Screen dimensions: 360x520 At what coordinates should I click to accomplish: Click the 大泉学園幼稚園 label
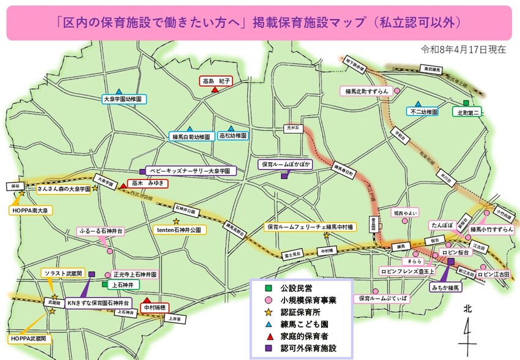pyautogui.click(x=124, y=99)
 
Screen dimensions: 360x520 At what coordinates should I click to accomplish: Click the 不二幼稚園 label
pyautogui.click(x=423, y=112)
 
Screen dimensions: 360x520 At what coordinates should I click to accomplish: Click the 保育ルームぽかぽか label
pyautogui.click(x=286, y=165)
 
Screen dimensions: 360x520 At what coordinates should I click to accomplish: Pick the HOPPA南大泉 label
pyautogui.click(x=31, y=210)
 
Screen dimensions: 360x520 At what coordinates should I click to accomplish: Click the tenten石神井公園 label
pyautogui.click(x=179, y=230)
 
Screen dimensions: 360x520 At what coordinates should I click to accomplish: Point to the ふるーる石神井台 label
pyautogui.click(x=101, y=231)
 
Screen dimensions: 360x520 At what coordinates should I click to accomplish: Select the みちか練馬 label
pyautogui.click(x=445, y=287)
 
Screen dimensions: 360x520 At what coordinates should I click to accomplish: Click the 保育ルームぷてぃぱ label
pyautogui.click(x=382, y=298)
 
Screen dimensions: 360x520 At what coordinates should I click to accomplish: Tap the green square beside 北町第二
pyautogui.click(x=466, y=103)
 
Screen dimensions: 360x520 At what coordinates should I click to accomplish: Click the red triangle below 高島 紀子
pyautogui.click(x=215, y=90)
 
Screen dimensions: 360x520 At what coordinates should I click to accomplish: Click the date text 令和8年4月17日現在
pyautogui.click(x=463, y=50)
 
